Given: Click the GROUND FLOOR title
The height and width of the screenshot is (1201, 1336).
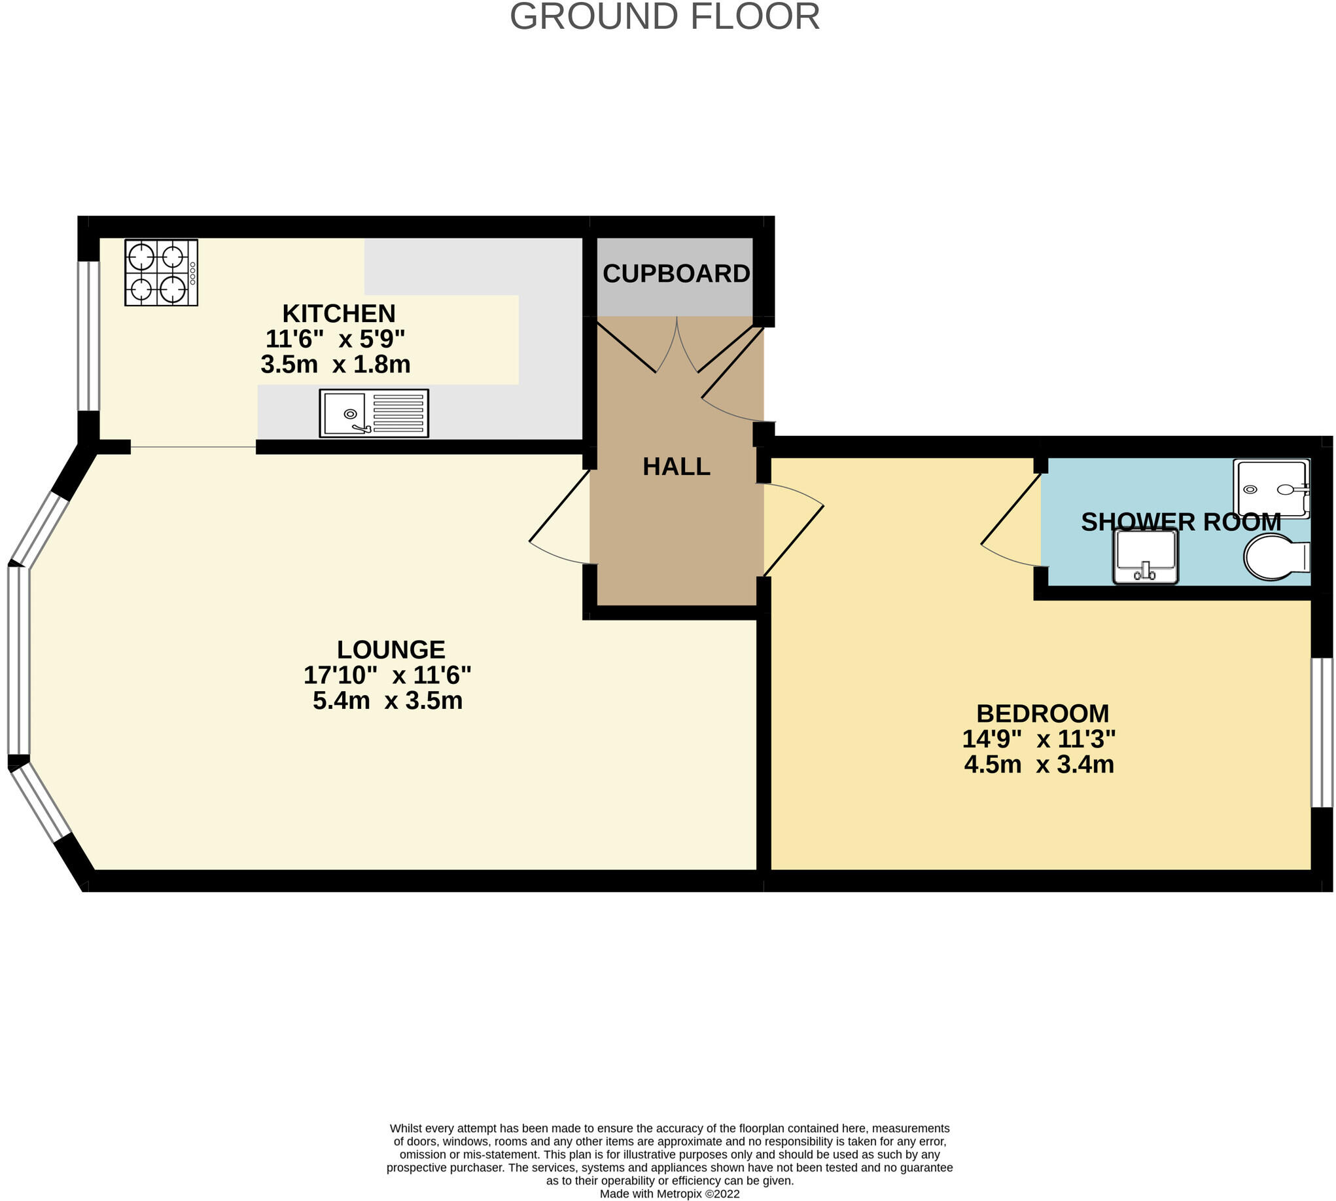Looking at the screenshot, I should (x=664, y=16).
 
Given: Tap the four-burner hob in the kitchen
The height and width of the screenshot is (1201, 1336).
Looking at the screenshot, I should (x=161, y=272).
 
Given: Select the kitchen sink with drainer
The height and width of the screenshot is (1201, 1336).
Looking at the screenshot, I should (x=374, y=413).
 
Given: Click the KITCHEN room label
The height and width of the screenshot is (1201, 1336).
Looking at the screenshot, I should (x=338, y=313).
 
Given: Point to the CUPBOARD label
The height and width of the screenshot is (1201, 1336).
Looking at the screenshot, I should (x=676, y=274).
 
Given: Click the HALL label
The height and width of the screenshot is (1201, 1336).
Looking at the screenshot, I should (x=677, y=467).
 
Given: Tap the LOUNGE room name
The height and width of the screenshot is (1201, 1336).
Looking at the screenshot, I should (x=391, y=650).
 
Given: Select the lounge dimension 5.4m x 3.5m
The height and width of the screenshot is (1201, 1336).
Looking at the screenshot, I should (x=387, y=700).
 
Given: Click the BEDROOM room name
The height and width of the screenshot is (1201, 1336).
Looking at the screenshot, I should (x=1042, y=714).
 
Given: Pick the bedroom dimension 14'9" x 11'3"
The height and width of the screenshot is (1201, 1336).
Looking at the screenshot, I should (x=1038, y=739).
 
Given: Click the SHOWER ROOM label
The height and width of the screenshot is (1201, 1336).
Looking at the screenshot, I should (x=1180, y=523).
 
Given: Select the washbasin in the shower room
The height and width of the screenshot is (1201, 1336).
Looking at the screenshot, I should (x=1146, y=557).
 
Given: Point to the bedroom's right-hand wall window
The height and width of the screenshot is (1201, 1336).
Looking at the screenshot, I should (x=1321, y=732).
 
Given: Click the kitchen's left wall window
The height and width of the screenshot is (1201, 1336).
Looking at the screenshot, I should (x=88, y=336).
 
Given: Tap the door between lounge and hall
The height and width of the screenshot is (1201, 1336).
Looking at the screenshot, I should (x=559, y=522).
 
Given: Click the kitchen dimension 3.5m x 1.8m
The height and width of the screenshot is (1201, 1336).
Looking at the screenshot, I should (x=335, y=365).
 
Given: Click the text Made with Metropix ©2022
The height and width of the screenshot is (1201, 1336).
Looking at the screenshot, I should (x=669, y=1194).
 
